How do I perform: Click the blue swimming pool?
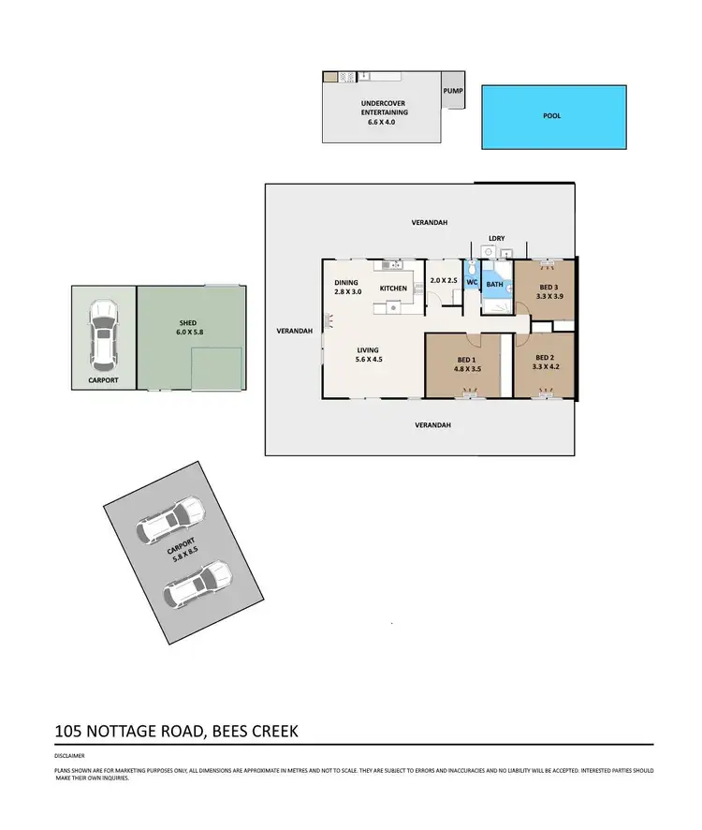pos(553,117)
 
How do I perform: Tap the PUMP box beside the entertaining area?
pos(453,91)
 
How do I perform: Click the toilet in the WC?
pos(473,267)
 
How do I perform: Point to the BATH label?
pos(494,284)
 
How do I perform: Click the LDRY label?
pos(496,239)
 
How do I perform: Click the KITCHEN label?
pos(393,288)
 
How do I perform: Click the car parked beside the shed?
pos(104,333)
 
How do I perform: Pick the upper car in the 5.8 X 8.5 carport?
pos(171,521)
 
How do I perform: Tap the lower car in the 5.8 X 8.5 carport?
pos(197,584)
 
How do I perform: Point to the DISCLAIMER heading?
pos(69,755)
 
